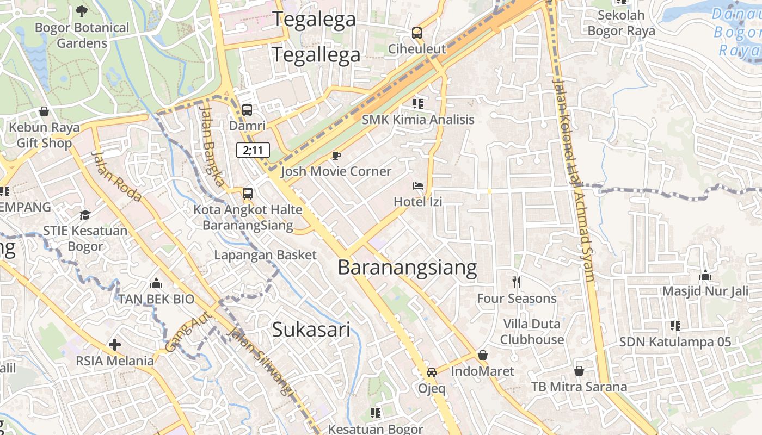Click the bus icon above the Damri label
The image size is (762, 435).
[247, 110]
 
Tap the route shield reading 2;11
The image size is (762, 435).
[253, 150]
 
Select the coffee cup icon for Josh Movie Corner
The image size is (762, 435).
[336, 156]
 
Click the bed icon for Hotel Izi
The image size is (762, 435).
[418, 187]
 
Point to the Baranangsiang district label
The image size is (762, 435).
[407, 268]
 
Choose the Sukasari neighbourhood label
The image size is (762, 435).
[311, 329]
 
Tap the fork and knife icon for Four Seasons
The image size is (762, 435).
[517, 282]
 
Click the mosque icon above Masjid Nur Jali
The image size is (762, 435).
[705, 275]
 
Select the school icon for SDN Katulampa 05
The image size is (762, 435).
[675, 326]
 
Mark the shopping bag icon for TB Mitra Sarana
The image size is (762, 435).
[579, 371]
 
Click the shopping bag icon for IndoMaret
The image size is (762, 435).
[482, 356]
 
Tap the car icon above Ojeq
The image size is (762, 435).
[432, 372]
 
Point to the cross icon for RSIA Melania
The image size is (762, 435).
[114, 344]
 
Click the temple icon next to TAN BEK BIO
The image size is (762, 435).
[156, 283]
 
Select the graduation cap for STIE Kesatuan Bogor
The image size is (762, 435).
[85, 215]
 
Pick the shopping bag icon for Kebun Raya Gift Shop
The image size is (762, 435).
[44, 111]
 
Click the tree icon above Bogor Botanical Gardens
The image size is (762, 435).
[82, 10]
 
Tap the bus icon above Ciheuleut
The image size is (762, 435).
[417, 33]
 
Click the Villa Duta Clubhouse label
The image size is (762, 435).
[532, 332]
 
